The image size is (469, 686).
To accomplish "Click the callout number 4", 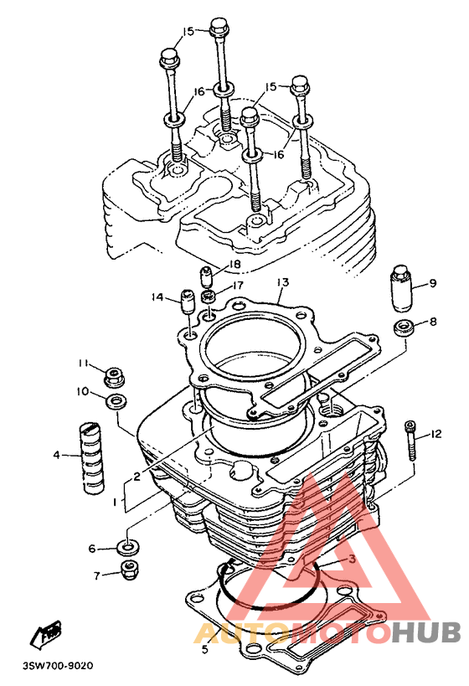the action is tap(56, 455).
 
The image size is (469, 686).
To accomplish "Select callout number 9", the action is tap(433, 283).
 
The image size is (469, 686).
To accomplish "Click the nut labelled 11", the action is tap(114, 377).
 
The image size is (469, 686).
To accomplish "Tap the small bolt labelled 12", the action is tap(410, 440).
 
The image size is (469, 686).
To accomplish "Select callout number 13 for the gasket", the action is tap(283, 282).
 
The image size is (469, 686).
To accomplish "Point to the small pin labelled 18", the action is tap(206, 276).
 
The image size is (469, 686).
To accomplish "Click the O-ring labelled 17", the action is tap(209, 297).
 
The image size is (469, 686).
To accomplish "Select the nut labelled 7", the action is tap(128, 570).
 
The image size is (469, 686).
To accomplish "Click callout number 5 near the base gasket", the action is tap(205, 649).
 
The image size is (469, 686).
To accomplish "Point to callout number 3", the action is tap(352, 559).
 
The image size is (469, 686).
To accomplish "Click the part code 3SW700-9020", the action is tap(58, 666).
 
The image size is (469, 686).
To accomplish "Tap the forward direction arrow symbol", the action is tap(45, 634).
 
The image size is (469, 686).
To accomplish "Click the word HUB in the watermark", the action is tap(425, 632).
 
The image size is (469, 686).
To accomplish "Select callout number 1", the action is tap(115, 503).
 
